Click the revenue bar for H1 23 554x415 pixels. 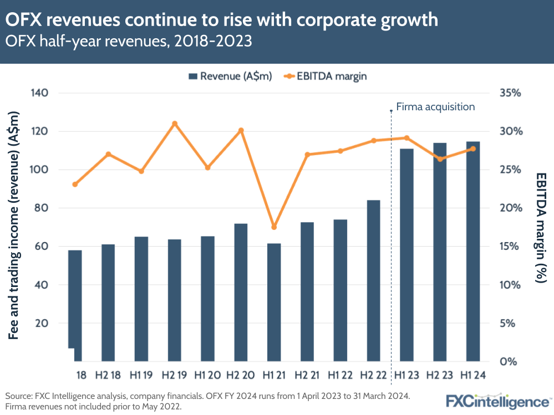(406, 255)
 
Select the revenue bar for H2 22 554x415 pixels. (373, 280)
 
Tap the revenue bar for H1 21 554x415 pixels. (274, 302)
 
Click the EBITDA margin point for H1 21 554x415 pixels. (274, 227)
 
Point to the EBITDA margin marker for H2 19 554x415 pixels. (174, 124)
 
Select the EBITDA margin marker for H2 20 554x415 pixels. (241, 131)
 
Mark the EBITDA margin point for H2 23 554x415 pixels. (440, 159)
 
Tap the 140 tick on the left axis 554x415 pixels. (43, 93)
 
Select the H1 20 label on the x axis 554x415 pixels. (208, 375)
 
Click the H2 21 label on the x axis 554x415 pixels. (307, 375)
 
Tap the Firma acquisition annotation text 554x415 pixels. (436, 107)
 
